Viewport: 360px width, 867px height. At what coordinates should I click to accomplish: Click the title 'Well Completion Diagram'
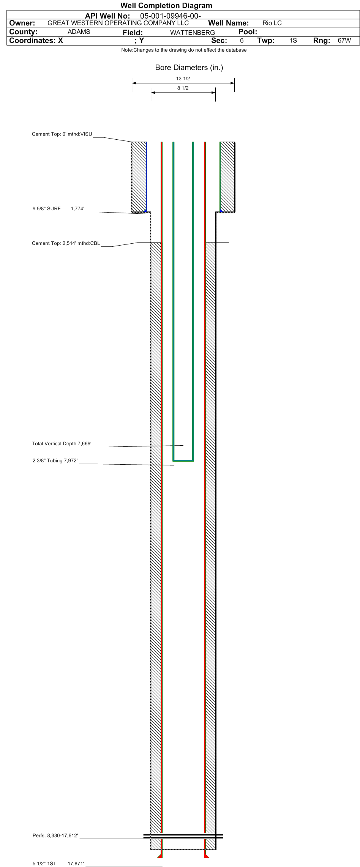coord(166,5)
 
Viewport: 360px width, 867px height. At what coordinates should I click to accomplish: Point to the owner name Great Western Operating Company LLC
coord(118,23)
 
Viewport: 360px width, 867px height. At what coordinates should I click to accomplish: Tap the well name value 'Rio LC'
coord(272,23)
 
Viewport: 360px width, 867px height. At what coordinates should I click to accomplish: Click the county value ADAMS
coord(79,32)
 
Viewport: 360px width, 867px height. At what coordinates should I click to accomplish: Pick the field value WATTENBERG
coord(193,33)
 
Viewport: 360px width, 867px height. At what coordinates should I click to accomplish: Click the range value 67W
coord(344,41)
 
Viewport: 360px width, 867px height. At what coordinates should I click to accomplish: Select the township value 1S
coord(293,41)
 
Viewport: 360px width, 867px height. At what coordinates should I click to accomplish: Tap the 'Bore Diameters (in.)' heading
coord(189,68)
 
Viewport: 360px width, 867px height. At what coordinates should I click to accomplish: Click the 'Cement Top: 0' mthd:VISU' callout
coord(62,134)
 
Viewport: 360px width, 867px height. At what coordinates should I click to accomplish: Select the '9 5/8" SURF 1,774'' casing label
coord(58,208)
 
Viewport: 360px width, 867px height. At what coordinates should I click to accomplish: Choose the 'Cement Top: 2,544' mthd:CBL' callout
coord(66,243)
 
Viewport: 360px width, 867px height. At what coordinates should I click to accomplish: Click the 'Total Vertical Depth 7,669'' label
coord(62,444)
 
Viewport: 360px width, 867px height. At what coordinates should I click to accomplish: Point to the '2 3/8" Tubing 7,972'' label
coord(55,461)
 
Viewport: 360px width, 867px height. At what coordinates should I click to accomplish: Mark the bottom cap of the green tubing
coord(183,460)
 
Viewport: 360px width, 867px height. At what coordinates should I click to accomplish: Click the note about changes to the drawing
coord(184,50)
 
